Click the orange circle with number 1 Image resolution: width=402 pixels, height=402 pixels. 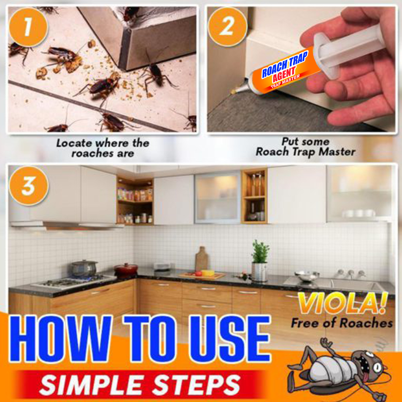(28, 27)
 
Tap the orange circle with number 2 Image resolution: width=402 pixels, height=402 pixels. (227, 26)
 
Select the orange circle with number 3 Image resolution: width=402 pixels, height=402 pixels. (28, 186)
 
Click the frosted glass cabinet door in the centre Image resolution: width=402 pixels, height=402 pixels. (218, 197)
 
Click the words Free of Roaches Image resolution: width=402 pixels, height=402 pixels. (342, 323)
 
